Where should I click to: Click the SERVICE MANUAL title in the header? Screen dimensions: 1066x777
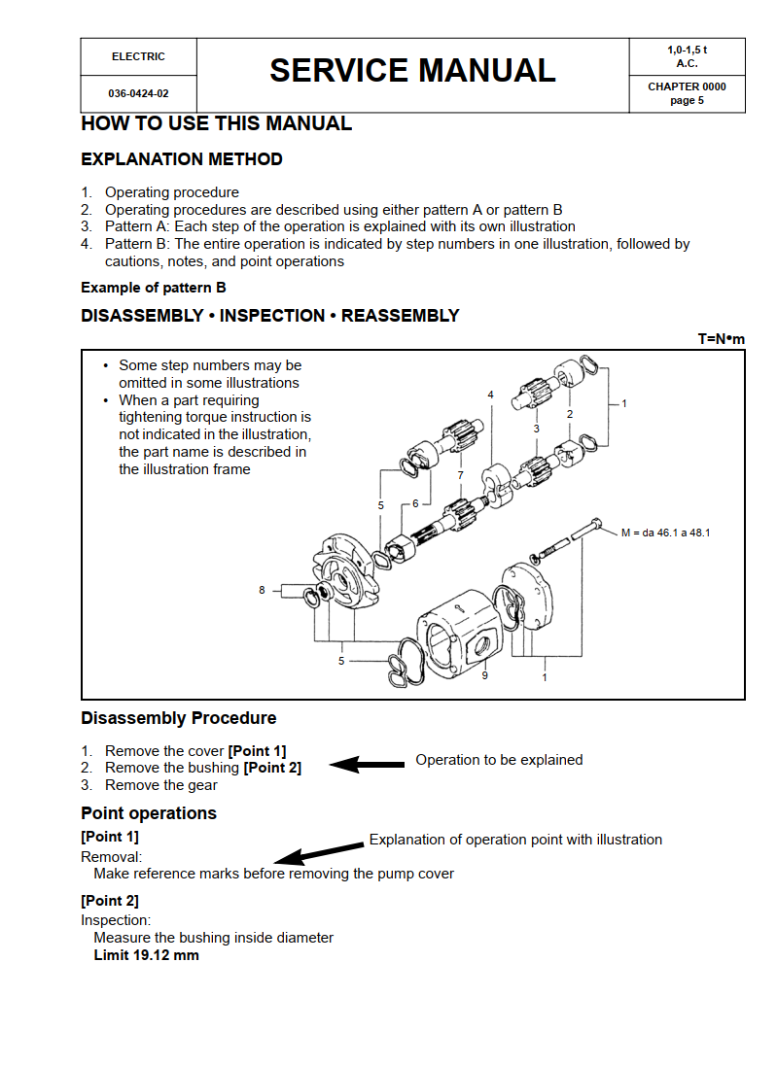(x=412, y=71)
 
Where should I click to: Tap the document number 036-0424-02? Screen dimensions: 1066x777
(x=138, y=94)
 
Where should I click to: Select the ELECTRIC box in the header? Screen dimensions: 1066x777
(x=138, y=56)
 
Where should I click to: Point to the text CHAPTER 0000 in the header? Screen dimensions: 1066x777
(x=687, y=86)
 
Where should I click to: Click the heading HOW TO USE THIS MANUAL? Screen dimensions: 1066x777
(x=216, y=123)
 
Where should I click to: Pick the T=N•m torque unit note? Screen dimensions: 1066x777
(x=721, y=339)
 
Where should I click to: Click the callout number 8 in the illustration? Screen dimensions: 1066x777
(x=262, y=590)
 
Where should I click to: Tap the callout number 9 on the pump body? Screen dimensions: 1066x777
(x=485, y=675)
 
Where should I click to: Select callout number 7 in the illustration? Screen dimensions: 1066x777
(x=461, y=475)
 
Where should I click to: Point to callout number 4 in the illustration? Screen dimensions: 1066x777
(x=490, y=395)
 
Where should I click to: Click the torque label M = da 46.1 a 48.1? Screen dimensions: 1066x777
(x=665, y=533)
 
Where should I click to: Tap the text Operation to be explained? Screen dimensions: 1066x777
(x=499, y=760)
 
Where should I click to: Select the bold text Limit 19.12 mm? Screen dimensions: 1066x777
(x=146, y=955)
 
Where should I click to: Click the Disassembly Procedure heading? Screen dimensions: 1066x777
(x=178, y=718)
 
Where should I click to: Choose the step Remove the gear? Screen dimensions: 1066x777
(x=161, y=785)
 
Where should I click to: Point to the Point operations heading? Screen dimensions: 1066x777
(x=149, y=813)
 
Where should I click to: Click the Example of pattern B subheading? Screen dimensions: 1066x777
(x=147, y=288)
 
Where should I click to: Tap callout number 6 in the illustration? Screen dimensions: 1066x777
(x=415, y=502)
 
